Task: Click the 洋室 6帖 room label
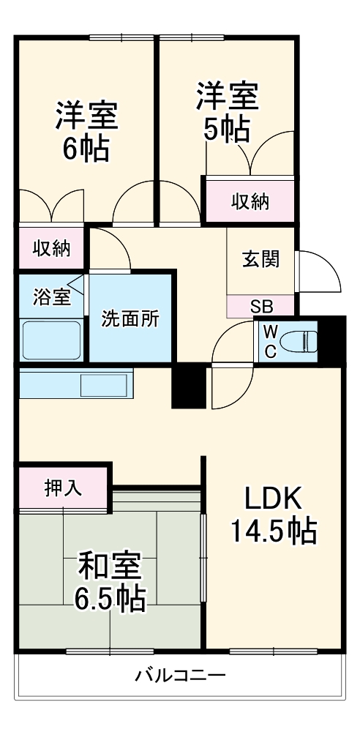86,131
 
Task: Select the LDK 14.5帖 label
273,513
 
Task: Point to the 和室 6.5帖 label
110,582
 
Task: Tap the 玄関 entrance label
260,259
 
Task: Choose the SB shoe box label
260,307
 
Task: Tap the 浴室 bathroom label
51,297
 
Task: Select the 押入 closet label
63,488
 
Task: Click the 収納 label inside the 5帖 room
251,201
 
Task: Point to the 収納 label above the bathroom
51,248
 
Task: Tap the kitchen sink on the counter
105,385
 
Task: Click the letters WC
269,341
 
